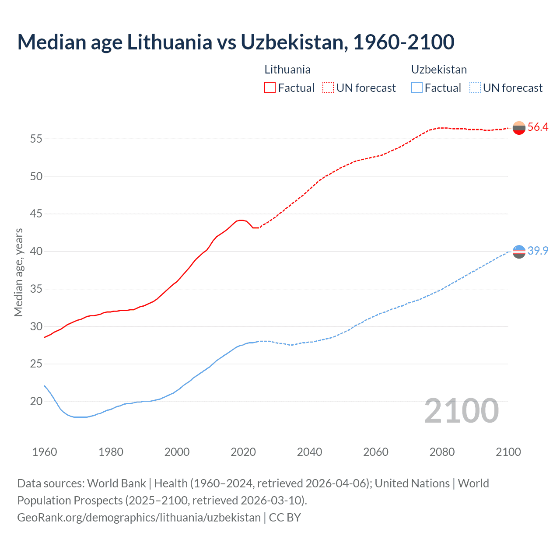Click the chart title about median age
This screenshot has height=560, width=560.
point(236,42)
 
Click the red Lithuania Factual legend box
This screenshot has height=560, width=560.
point(270,87)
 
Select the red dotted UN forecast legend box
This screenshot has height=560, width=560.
point(328,87)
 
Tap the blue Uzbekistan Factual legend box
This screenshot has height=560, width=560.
point(416,87)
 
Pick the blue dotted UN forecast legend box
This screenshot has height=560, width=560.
point(475,87)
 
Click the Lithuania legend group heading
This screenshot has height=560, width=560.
point(287,70)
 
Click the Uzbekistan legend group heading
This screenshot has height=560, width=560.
point(439,70)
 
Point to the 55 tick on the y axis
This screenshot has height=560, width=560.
point(36,139)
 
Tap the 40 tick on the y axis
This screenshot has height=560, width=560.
point(36,252)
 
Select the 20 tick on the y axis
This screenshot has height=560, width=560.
point(36,402)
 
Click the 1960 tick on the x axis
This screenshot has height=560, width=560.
point(45,452)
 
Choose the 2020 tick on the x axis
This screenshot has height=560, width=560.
point(243,452)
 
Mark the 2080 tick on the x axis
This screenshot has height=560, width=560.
point(442,452)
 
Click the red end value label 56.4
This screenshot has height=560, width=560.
point(538,127)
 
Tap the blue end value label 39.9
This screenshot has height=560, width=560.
point(538,251)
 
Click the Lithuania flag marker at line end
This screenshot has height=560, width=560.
point(519,128)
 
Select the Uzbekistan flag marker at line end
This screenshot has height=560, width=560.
point(519,252)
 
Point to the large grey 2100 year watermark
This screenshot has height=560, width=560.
point(462,411)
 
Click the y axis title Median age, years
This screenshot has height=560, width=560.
point(18,272)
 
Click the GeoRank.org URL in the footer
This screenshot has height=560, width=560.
point(139,518)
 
